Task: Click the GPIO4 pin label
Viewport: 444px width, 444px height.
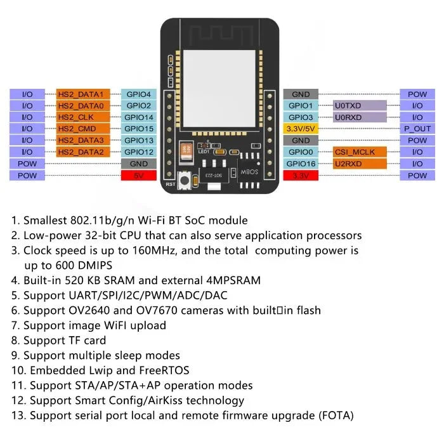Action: click(138, 94)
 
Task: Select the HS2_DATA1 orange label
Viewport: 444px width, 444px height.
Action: click(84, 94)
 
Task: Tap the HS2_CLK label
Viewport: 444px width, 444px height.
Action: click(84, 117)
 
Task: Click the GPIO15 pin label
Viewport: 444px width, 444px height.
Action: click(138, 129)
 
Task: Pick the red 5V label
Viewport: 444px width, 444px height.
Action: click(138, 176)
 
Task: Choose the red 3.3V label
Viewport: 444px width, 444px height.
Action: click(301, 176)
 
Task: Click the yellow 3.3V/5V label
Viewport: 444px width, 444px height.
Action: click(301, 129)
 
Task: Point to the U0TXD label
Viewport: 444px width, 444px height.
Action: click(360, 105)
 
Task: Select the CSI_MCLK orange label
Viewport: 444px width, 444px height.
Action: click(360, 152)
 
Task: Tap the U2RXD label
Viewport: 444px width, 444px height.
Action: click(360, 164)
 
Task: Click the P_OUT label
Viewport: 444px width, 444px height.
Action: click(417, 129)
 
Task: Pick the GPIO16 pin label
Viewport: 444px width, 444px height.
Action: click(301, 164)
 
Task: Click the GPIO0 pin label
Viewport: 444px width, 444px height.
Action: click(301, 152)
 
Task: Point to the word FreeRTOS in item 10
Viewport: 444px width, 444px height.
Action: click(163, 370)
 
